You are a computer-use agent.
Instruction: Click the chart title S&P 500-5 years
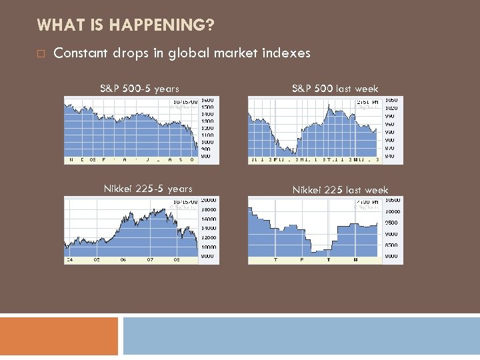point(139,88)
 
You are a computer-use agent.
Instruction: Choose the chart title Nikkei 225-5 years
point(148,189)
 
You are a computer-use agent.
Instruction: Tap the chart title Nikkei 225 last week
point(340,190)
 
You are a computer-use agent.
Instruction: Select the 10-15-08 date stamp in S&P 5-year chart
point(185,103)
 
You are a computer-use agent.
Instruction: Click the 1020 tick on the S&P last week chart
point(391,108)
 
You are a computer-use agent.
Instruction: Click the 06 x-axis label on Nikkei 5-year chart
point(123,260)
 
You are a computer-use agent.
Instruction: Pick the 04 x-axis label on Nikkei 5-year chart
point(69,260)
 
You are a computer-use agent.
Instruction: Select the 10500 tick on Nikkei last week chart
point(392,200)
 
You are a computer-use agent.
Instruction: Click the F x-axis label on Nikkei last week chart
point(301,260)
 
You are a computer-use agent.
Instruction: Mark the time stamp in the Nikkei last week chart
point(367,202)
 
